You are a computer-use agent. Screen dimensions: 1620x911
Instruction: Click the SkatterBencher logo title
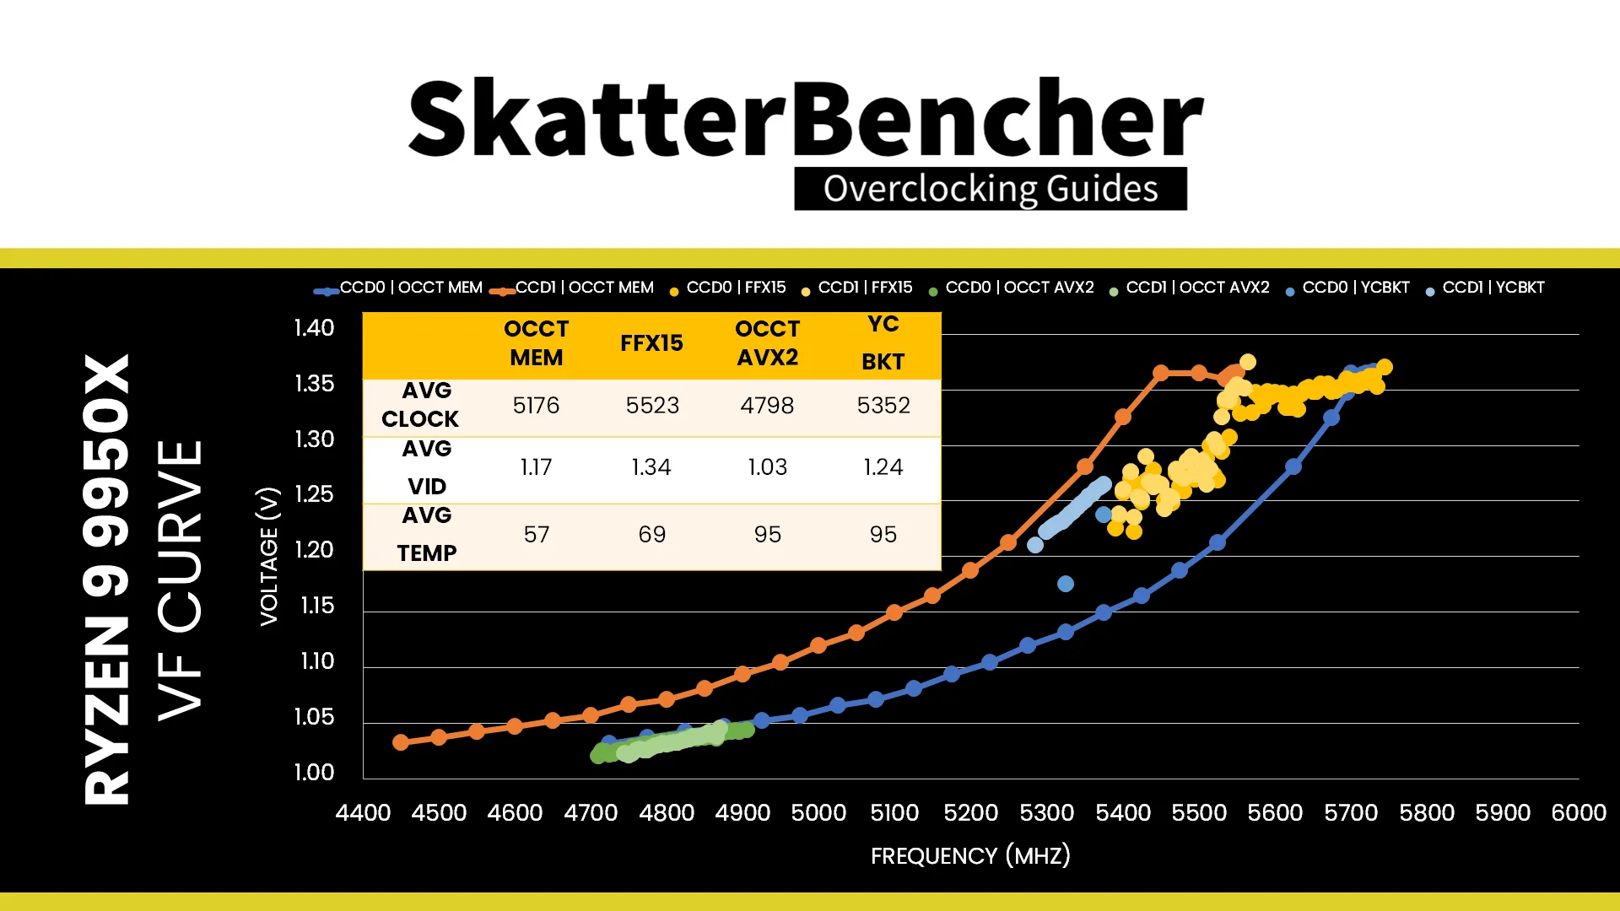coord(806,118)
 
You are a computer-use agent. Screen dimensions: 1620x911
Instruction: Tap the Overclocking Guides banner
coord(991,188)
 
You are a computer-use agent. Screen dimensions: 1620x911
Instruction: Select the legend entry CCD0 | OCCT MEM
coord(398,288)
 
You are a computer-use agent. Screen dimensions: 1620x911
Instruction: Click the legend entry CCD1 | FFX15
coord(857,288)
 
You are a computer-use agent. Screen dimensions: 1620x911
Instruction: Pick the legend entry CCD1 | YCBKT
coord(1485,288)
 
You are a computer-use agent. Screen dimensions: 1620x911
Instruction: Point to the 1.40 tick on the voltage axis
coord(314,328)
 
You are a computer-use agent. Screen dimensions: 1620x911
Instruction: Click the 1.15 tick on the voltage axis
coord(317,606)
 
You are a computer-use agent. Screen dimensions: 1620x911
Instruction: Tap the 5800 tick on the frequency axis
coord(1427,813)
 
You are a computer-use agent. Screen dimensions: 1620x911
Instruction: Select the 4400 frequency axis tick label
coord(363,813)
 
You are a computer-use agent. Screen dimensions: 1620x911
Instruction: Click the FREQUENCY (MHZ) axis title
coord(970,856)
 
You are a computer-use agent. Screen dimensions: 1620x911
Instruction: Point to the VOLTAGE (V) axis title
coord(269,557)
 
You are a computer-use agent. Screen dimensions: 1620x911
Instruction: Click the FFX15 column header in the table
coord(651,343)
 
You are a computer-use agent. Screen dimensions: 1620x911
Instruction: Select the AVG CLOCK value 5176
coord(536,406)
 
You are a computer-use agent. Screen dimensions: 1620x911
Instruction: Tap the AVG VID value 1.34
coord(651,467)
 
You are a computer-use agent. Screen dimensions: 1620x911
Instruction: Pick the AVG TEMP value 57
coord(536,535)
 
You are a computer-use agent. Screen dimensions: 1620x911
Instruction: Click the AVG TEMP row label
coord(427,534)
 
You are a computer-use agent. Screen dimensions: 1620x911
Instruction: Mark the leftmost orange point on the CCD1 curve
coord(401,742)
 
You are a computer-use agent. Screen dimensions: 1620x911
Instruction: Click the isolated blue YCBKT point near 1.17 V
coord(1066,584)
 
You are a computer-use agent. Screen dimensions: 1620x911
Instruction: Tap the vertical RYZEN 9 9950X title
coord(106,579)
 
